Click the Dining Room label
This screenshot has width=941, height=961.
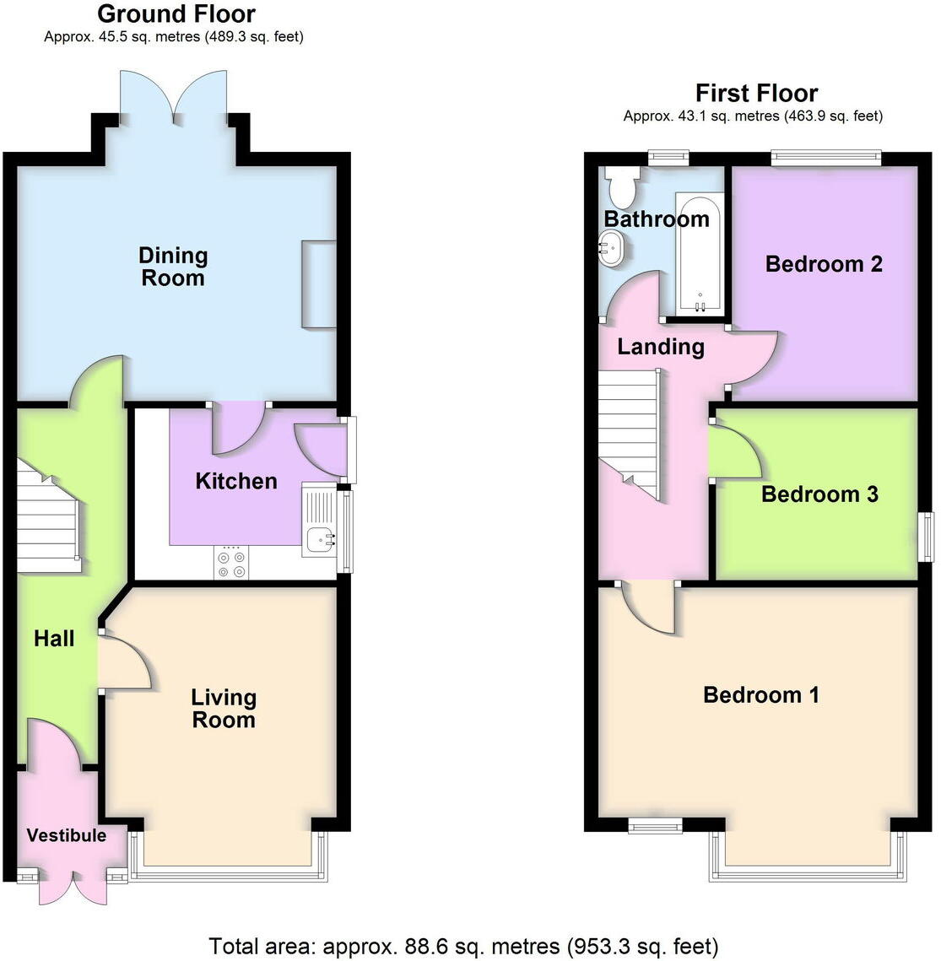(x=173, y=267)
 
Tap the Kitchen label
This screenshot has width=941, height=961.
(x=236, y=481)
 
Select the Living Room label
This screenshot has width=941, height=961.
(x=223, y=709)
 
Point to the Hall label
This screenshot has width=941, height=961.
(x=54, y=639)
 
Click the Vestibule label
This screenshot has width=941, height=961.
(x=67, y=835)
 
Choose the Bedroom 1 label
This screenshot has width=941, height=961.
(x=761, y=695)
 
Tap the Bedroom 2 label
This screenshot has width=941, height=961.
(x=824, y=264)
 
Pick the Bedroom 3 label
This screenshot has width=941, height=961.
(x=819, y=494)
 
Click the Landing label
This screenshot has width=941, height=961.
(x=661, y=346)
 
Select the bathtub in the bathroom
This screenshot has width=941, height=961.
(x=700, y=254)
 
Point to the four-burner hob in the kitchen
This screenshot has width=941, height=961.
(x=232, y=564)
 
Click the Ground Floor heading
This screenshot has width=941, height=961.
(x=176, y=13)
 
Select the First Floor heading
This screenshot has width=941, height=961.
(x=756, y=93)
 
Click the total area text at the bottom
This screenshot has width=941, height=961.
(x=463, y=946)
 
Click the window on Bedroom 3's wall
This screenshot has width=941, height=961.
(x=927, y=537)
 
